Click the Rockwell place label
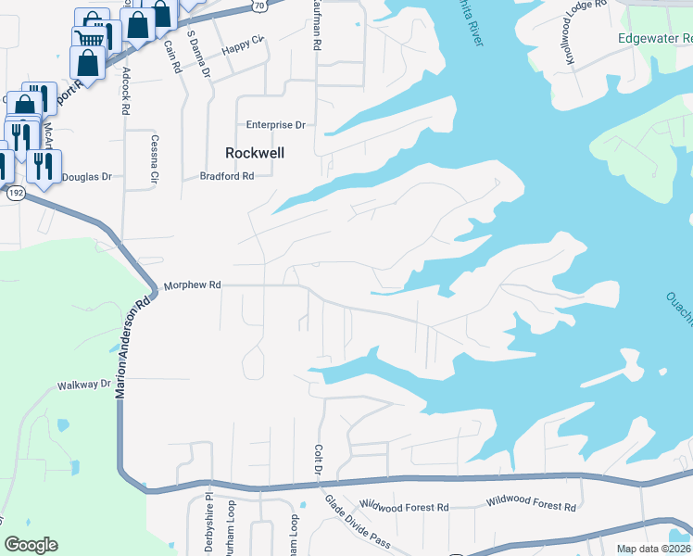(255, 153)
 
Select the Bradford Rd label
(227, 176)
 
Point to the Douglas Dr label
(86, 176)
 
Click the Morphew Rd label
(193, 286)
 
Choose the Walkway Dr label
(83, 384)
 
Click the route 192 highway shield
(15, 193)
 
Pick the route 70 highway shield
(258, 5)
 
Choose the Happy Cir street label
(246, 40)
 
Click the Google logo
(31, 544)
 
